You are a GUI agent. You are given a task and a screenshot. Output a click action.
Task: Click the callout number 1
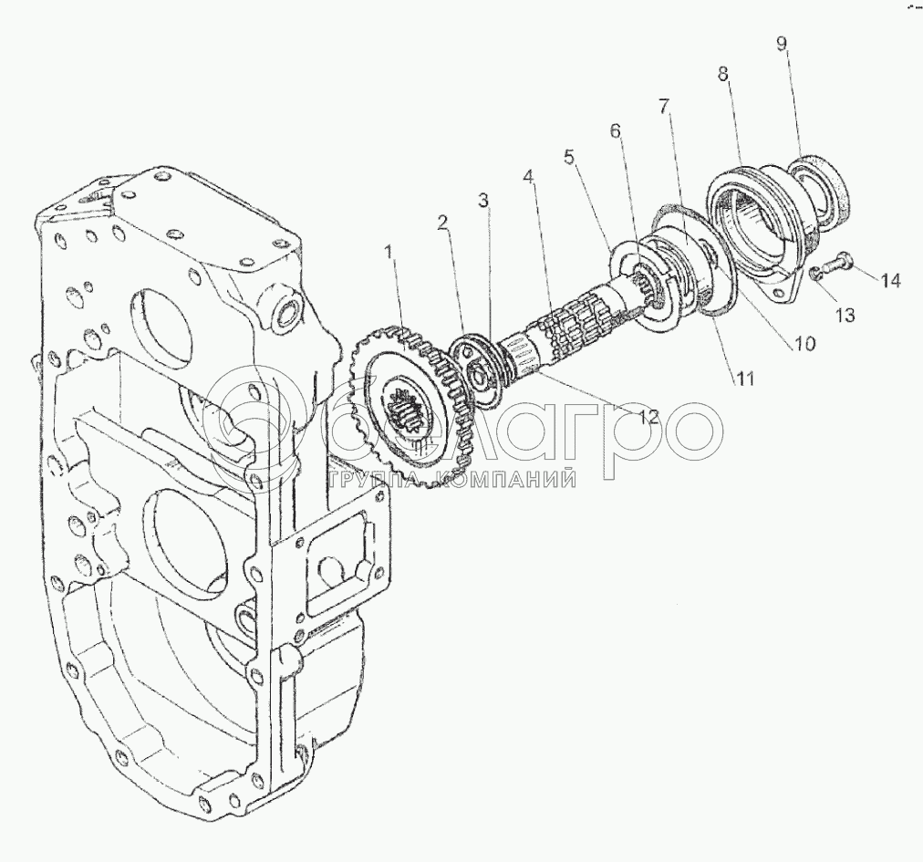(x=389, y=252)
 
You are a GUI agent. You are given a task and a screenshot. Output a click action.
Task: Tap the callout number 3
(x=483, y=201)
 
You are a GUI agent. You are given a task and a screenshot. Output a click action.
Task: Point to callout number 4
(x=529, y=176)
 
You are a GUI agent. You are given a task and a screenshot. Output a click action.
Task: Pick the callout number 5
(x=568, y=157)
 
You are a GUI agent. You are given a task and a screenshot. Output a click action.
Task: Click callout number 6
(x=615, y=130)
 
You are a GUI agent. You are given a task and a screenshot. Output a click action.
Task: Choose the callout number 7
(x=664, y=107)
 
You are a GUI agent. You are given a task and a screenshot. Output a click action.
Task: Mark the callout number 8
(x=722, y=74)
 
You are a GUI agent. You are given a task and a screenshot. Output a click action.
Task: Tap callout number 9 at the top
(x=781, y=44)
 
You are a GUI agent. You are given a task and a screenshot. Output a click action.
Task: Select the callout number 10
(x=804, y=343)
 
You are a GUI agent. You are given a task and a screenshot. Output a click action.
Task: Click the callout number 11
(x=743, y=379)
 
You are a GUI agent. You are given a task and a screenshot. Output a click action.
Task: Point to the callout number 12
(x=649, y=416)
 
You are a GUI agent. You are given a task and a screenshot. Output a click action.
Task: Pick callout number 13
(x=845, y=315)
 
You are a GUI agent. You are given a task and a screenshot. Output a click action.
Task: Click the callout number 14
(x=890, y=281)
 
